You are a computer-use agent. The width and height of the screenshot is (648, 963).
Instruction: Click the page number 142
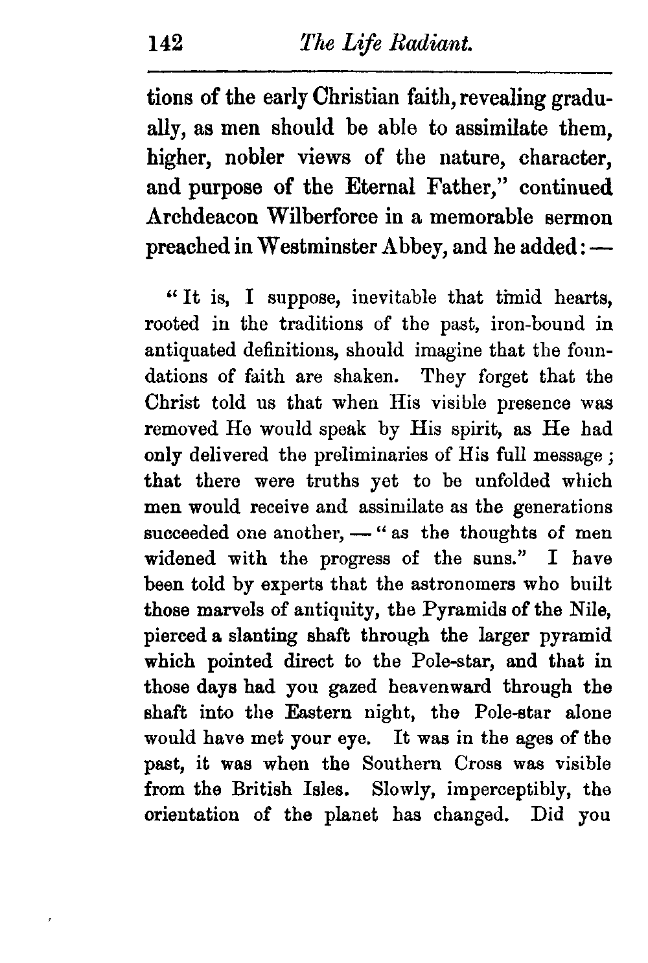pyautogui.click(x=167, y=44)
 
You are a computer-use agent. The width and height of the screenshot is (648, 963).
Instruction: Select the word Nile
pyautogui.click(x=593, y=609)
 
